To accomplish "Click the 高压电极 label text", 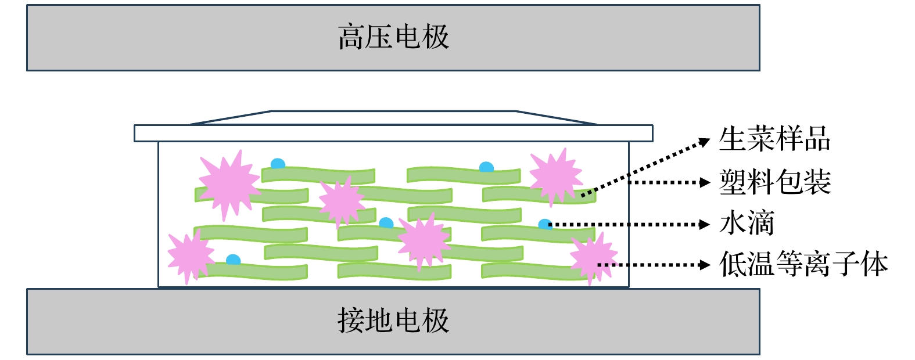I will coord(393,37).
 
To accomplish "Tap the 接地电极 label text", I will coord(393,321).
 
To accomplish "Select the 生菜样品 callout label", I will coord(774,139).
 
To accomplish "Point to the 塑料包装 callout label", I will coord(774,182).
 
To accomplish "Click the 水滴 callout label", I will coord(747,224).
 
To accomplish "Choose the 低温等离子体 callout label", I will coord(803,265).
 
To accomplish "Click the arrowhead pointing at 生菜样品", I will coord(705,142).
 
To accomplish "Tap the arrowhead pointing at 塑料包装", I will coord(705,182).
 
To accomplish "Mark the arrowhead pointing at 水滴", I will coord(705,224).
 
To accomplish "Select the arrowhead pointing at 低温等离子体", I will coord(705,265).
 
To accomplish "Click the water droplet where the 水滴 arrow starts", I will coord(545,224).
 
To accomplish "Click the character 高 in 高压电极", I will coord(351,37).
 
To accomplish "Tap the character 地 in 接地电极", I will coord(379,321).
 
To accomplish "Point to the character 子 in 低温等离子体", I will coord(846,265).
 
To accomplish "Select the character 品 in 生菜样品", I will coord(817,139).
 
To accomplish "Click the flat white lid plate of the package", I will coord(393,133).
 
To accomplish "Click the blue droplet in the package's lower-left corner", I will coord(233,260).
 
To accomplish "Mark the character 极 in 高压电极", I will coord(436,37).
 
